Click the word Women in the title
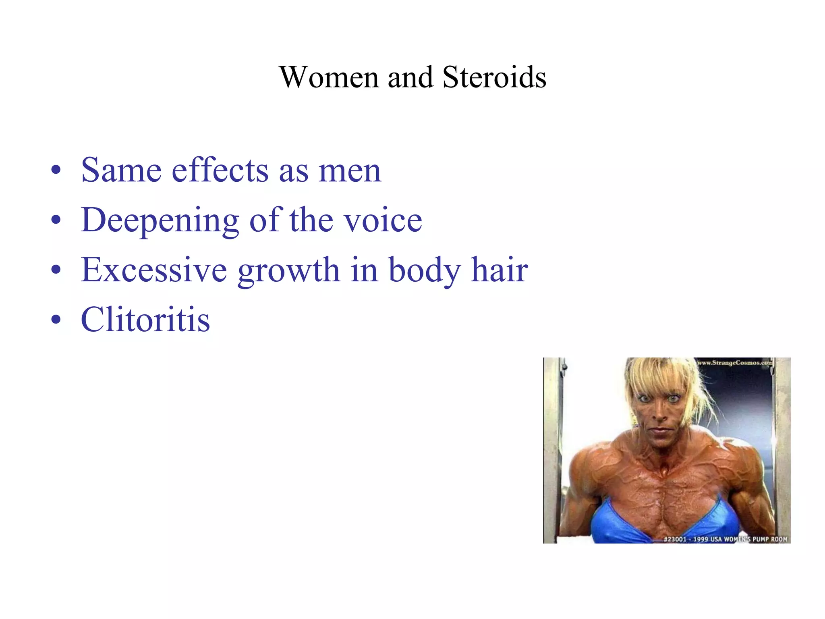pyautogui.click(x=329, y=77)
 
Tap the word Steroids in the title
pyautogui.click(x=494, y=77)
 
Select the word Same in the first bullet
pyautogui.click(x=121, y=170)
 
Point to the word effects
pyautogui.click(x=220, y=170)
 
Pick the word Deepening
pyautogui.click(x=160, y=220)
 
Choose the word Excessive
pyautogui.click(x=154, y=270)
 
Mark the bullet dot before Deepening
pyautogui.click(x=56, y=221)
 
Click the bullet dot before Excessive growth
pyautogui.click(x=56, y=270)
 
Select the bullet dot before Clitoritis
pyautogui.click(x=56, y=320)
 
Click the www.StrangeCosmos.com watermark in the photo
pyautogui.click(x=735, y=363)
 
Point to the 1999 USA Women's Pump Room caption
pyautogui.click(x=725, y=539)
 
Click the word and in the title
pyautogui.click(x=410, y=77)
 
